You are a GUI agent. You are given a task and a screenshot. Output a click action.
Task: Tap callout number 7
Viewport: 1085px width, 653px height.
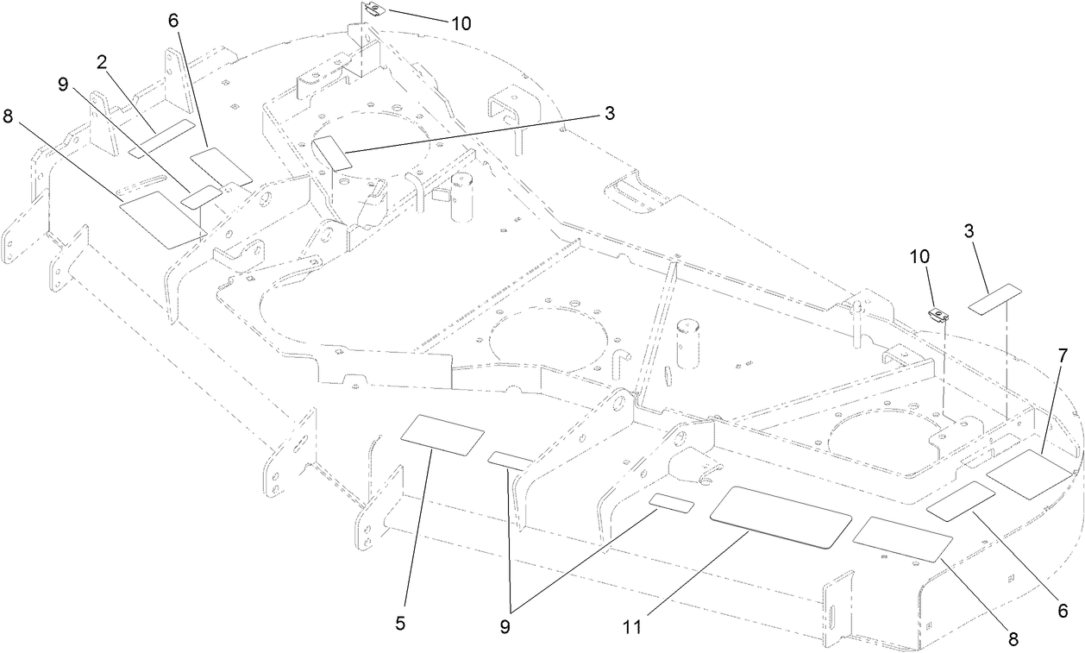[x=1063, y=355]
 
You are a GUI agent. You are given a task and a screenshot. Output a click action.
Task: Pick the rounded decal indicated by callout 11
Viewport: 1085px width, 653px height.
[x=781, y=516]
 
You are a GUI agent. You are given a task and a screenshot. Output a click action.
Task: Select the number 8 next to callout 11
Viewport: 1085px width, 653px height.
[x=1013, y=639]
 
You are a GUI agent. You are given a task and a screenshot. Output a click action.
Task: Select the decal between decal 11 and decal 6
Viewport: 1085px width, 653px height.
[x=901, y=538]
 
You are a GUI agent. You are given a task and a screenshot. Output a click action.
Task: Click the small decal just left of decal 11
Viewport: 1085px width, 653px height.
[x=672, y=504]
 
